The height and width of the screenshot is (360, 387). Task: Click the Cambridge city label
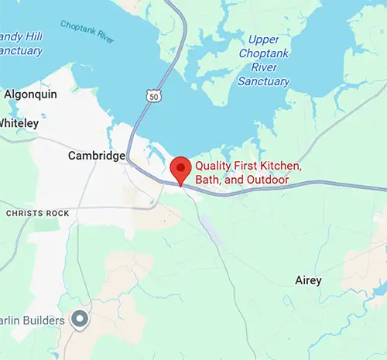click(97, 156)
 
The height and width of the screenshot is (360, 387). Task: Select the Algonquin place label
click(30, 94)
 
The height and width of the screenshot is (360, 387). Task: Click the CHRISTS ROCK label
click(37, 212)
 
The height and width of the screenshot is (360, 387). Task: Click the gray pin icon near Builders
click(79, 319)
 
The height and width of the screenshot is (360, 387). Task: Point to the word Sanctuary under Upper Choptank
click(264, 81)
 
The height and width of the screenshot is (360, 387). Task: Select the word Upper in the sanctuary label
click(263, 40)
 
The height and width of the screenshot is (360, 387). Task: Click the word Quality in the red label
click(214, 166)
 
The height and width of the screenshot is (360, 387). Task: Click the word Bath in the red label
click(207, 180)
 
